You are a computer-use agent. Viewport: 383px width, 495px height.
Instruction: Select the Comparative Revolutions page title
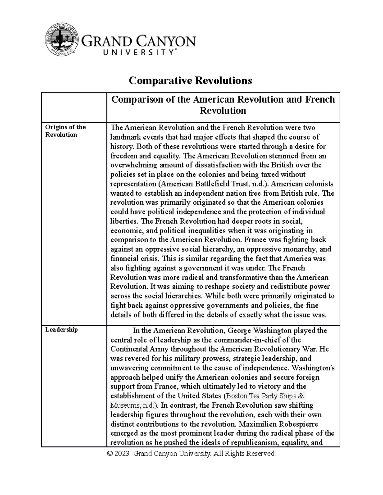click(x=190, y=81)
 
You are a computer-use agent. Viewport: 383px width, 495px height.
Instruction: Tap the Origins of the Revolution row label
click(x=65, y=131)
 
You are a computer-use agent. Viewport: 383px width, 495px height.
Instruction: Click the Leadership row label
click(x=61, y=330)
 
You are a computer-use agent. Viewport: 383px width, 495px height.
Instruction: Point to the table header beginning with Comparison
click(x=223, y=105)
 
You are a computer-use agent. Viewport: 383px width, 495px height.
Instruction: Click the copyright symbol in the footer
click(x=111, y=454)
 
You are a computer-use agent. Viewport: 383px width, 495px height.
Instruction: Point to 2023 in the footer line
click(x=123, y=454)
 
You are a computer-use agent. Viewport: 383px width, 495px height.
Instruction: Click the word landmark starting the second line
click(x=124, y=137)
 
